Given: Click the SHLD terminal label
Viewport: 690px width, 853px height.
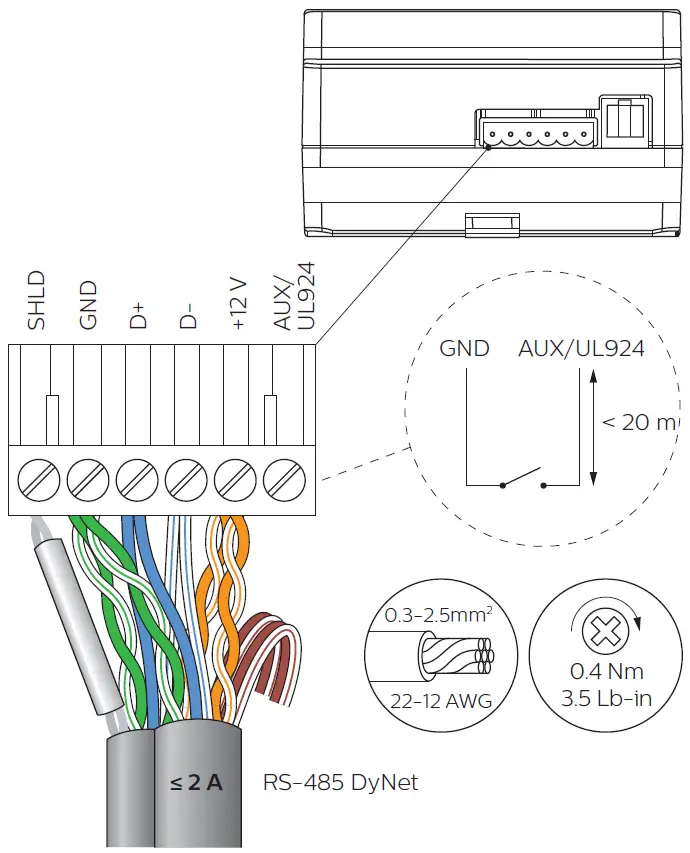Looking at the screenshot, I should [x=37, y=300].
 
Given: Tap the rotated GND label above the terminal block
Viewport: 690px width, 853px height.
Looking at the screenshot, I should [x=88, y=305].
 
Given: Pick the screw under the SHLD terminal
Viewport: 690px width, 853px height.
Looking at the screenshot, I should [x=38, y=479].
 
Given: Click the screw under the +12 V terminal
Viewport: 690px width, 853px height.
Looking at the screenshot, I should [x=236, y=479].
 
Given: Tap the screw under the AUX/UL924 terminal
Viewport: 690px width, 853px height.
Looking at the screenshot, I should [x=285, y=479].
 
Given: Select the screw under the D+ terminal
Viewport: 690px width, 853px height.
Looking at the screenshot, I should [x=137, y=479].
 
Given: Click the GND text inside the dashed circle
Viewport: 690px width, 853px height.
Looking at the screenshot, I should [x=465, y=349].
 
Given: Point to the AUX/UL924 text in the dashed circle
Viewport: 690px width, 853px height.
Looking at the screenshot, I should [x=581, y=349].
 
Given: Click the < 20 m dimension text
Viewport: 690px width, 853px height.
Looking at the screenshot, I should [x=639, y=423].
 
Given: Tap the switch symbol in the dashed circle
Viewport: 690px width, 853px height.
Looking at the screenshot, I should [x=522, y=480].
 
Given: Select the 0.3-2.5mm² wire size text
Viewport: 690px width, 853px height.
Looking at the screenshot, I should [x=438, y=616].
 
